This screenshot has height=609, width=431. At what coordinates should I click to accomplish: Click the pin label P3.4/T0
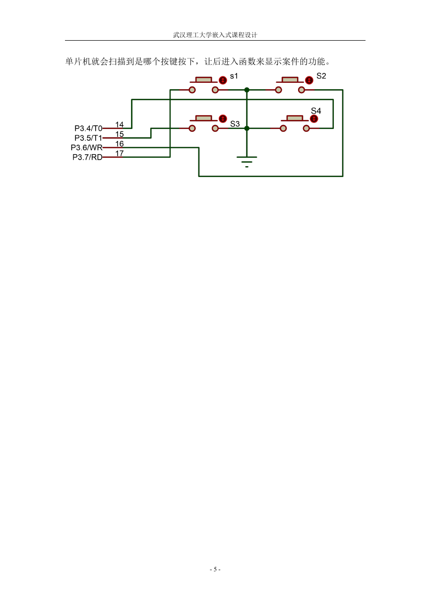[88, 128]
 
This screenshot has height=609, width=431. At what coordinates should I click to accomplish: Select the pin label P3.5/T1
[88, 138]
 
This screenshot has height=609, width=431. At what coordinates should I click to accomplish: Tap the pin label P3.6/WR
[86, 148]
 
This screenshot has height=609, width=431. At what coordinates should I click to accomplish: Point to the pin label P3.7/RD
[87, 157]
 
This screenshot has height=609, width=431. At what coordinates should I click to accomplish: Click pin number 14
[120, 124]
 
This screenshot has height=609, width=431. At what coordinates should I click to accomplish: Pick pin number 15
[120, 134]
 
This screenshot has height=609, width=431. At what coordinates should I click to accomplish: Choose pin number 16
[120, 144]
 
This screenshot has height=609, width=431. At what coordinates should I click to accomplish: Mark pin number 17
[120, 153]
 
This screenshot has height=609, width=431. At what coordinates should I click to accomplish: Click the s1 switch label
[234, 76]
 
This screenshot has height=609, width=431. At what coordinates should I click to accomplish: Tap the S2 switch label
[321, 76]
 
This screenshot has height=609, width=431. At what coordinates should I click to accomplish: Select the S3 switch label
[235, 124]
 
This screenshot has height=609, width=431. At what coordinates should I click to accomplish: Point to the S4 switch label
[316, 111]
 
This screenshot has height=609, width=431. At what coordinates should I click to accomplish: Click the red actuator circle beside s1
[223, 80]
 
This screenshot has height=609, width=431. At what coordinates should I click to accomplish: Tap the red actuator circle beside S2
[309, 80]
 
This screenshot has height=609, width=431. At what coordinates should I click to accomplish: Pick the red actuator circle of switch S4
[314, 119]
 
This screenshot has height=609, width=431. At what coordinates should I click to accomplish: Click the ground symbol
[246, 162]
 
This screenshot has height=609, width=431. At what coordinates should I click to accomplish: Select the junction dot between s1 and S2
[246, 90]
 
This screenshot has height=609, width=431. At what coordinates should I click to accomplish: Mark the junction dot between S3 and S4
[246, 128]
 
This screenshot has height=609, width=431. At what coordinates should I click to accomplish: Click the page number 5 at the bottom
[215, 569]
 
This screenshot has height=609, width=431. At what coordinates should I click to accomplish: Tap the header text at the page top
[215, 35]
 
